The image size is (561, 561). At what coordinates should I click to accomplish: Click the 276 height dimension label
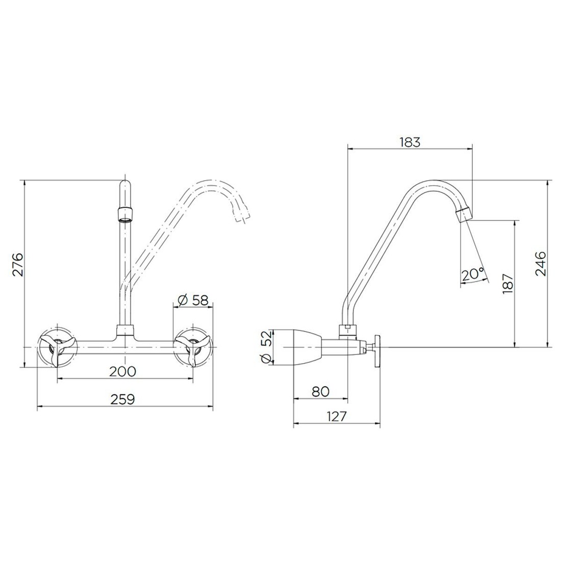[18, 264]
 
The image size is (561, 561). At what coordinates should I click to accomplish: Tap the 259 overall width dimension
[122, 399]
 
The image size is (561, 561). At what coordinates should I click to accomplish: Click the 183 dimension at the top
[410, 142]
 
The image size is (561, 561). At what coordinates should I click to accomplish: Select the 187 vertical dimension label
[508, 283]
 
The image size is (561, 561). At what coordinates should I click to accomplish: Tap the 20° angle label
[472, 275]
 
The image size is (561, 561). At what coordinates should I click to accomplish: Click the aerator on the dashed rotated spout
[242, 214]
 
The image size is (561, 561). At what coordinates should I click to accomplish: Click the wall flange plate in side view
[378, 350]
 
